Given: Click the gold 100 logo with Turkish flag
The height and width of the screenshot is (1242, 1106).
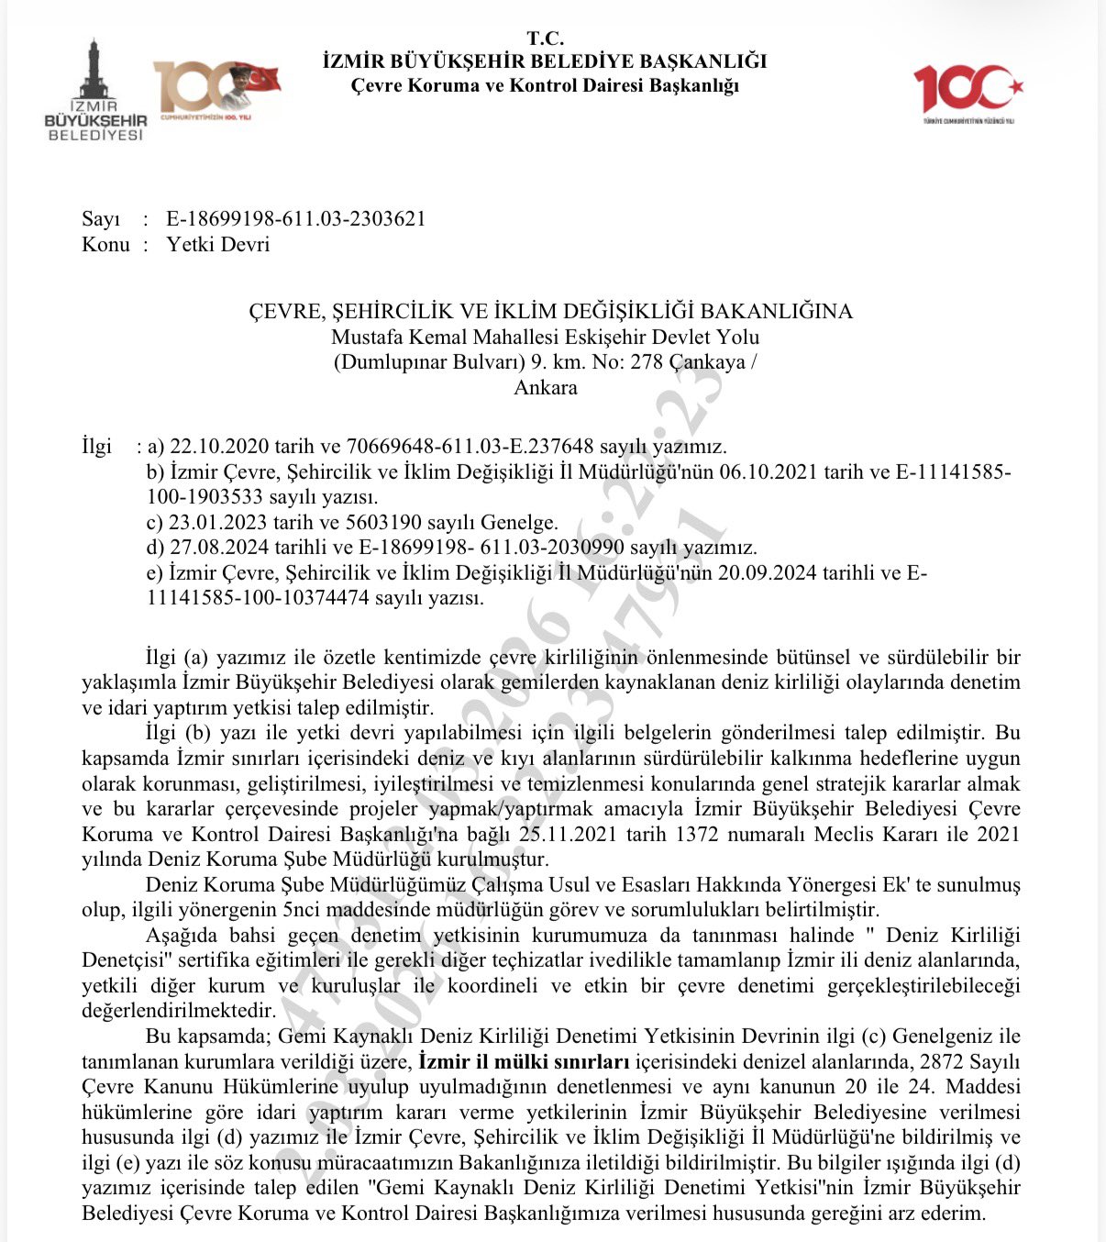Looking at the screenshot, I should [x=216, y=89].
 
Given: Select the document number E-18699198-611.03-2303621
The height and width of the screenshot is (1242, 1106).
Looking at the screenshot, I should [x=295, y=218].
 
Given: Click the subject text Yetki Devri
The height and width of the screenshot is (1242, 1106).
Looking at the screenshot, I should [x=218, y=244].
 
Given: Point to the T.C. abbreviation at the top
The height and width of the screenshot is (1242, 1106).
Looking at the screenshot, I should [x=545, y=39].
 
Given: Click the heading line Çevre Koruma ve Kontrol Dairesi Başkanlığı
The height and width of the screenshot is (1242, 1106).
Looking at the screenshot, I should [x=545, y=85].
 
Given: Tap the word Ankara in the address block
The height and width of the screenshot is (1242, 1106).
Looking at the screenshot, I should [x=546, y=387].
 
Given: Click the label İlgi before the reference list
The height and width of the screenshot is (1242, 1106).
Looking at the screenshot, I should [x=96, y=447].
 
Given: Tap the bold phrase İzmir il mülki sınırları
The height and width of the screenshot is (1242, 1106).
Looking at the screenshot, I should [x=524, y=1062].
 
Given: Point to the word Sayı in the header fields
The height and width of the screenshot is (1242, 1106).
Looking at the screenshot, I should [x=101, y=218].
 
